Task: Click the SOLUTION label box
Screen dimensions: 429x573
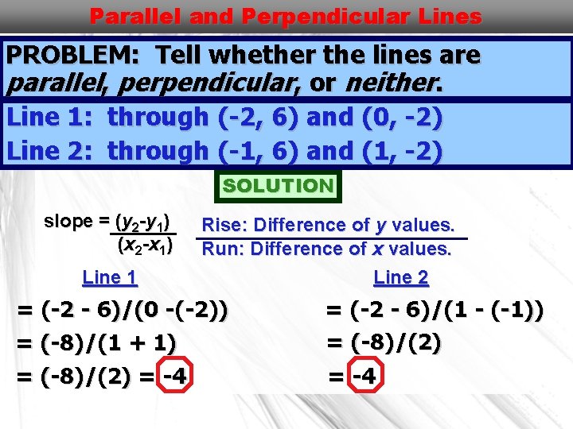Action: pos(279,186)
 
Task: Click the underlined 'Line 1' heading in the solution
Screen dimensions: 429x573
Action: pos(110,278)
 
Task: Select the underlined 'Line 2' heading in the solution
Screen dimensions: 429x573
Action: pos(401,278)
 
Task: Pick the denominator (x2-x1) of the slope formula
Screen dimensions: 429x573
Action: pos(145,245)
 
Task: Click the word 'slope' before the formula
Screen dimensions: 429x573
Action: pos(68,222)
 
